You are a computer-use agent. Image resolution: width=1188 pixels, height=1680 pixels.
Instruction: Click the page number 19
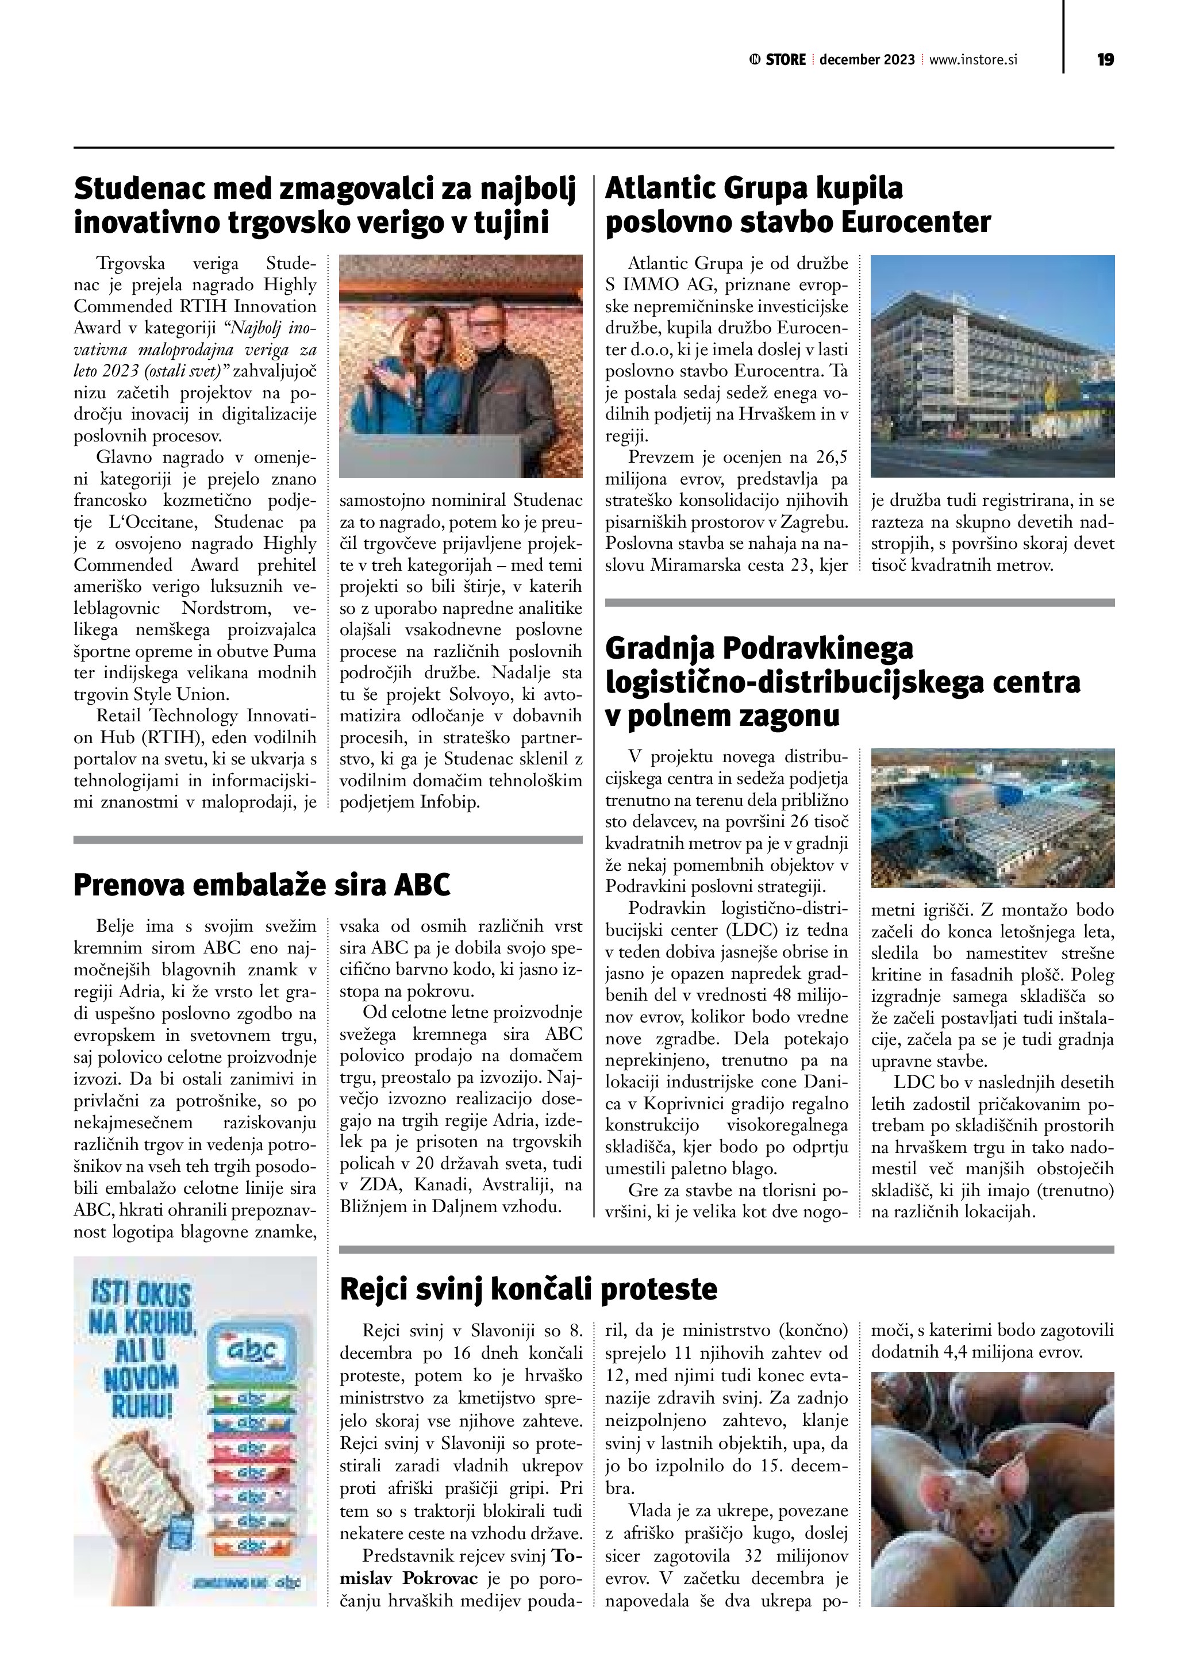coord(1105,60)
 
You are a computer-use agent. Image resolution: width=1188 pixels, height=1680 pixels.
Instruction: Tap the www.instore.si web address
coord(973,60)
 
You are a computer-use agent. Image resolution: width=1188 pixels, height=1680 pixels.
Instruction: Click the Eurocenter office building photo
coord(992,366)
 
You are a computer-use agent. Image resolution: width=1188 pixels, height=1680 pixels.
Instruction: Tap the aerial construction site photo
coord(992,817)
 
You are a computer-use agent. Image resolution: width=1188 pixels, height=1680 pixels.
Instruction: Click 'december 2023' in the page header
coord(867,60)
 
